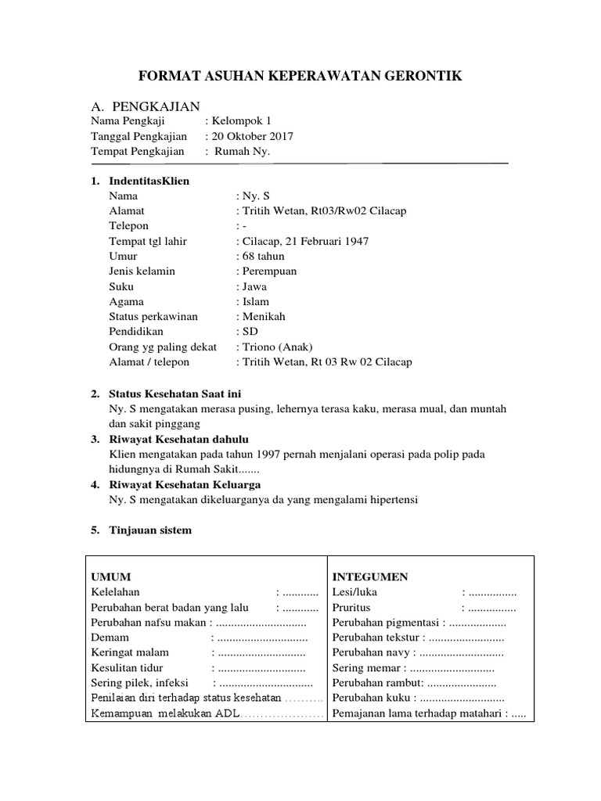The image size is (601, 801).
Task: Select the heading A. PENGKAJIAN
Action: [x=146, y=106]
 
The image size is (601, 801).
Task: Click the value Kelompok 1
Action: [x=241, y=121]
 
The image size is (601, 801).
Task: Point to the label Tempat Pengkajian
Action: [x=137, y=151]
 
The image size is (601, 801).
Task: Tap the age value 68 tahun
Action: [x=263, y=256]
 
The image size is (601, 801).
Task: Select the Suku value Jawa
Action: [x=255, y=286]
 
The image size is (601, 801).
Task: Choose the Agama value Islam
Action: [x=256, y=301]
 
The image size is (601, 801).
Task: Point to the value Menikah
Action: [x=264, y=317]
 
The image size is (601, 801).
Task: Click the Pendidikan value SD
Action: [x=250, y=332]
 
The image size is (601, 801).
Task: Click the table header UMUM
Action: [x=110, y=577]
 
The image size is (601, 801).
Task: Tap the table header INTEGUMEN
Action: [x=370, y=577]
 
